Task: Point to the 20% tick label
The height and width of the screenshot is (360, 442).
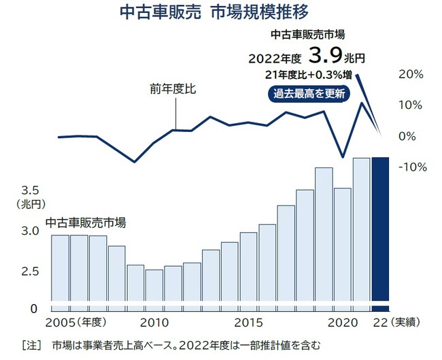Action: point(411,73)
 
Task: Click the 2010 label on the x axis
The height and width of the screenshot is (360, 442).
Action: point(155,322)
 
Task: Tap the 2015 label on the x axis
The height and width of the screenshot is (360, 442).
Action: point(249,322)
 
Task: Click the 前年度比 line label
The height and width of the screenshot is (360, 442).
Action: point(173,88)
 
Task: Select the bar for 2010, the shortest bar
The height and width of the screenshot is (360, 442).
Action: point(154,286)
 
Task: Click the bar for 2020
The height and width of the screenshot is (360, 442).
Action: point(343,245)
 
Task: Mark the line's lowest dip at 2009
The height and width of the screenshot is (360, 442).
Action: point(135,162)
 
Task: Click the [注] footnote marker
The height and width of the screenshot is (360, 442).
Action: point(31,344)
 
